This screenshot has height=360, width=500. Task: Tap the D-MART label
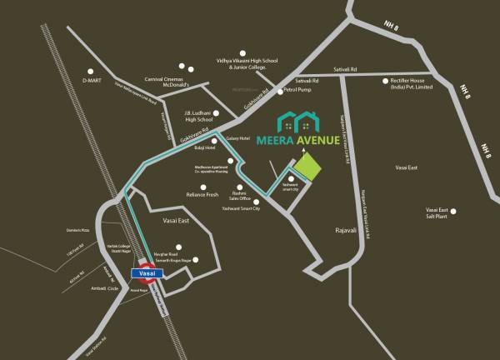[91, 81]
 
